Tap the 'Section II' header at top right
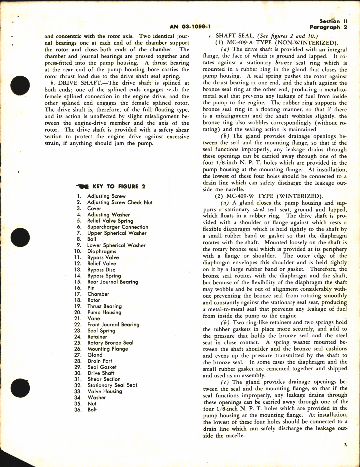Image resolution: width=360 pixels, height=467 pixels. click(x=330, y=21)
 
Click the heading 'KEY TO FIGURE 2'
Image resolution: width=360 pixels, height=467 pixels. click(x=119, y=187)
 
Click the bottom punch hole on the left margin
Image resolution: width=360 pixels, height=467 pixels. click(x=20, y=388)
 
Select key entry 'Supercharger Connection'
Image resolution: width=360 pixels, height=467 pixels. click(x=118, y=227)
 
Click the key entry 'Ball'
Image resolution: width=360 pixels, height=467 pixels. click(x=92, y=239)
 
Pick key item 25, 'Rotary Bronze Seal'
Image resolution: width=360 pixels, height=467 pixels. click(x=110, y=343)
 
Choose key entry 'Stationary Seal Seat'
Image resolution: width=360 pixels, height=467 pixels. click(x=112, y=385)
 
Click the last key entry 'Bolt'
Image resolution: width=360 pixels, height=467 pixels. click(x=92, y=409)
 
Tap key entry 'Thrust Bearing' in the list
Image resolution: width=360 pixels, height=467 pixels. click(x=104, y=306)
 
